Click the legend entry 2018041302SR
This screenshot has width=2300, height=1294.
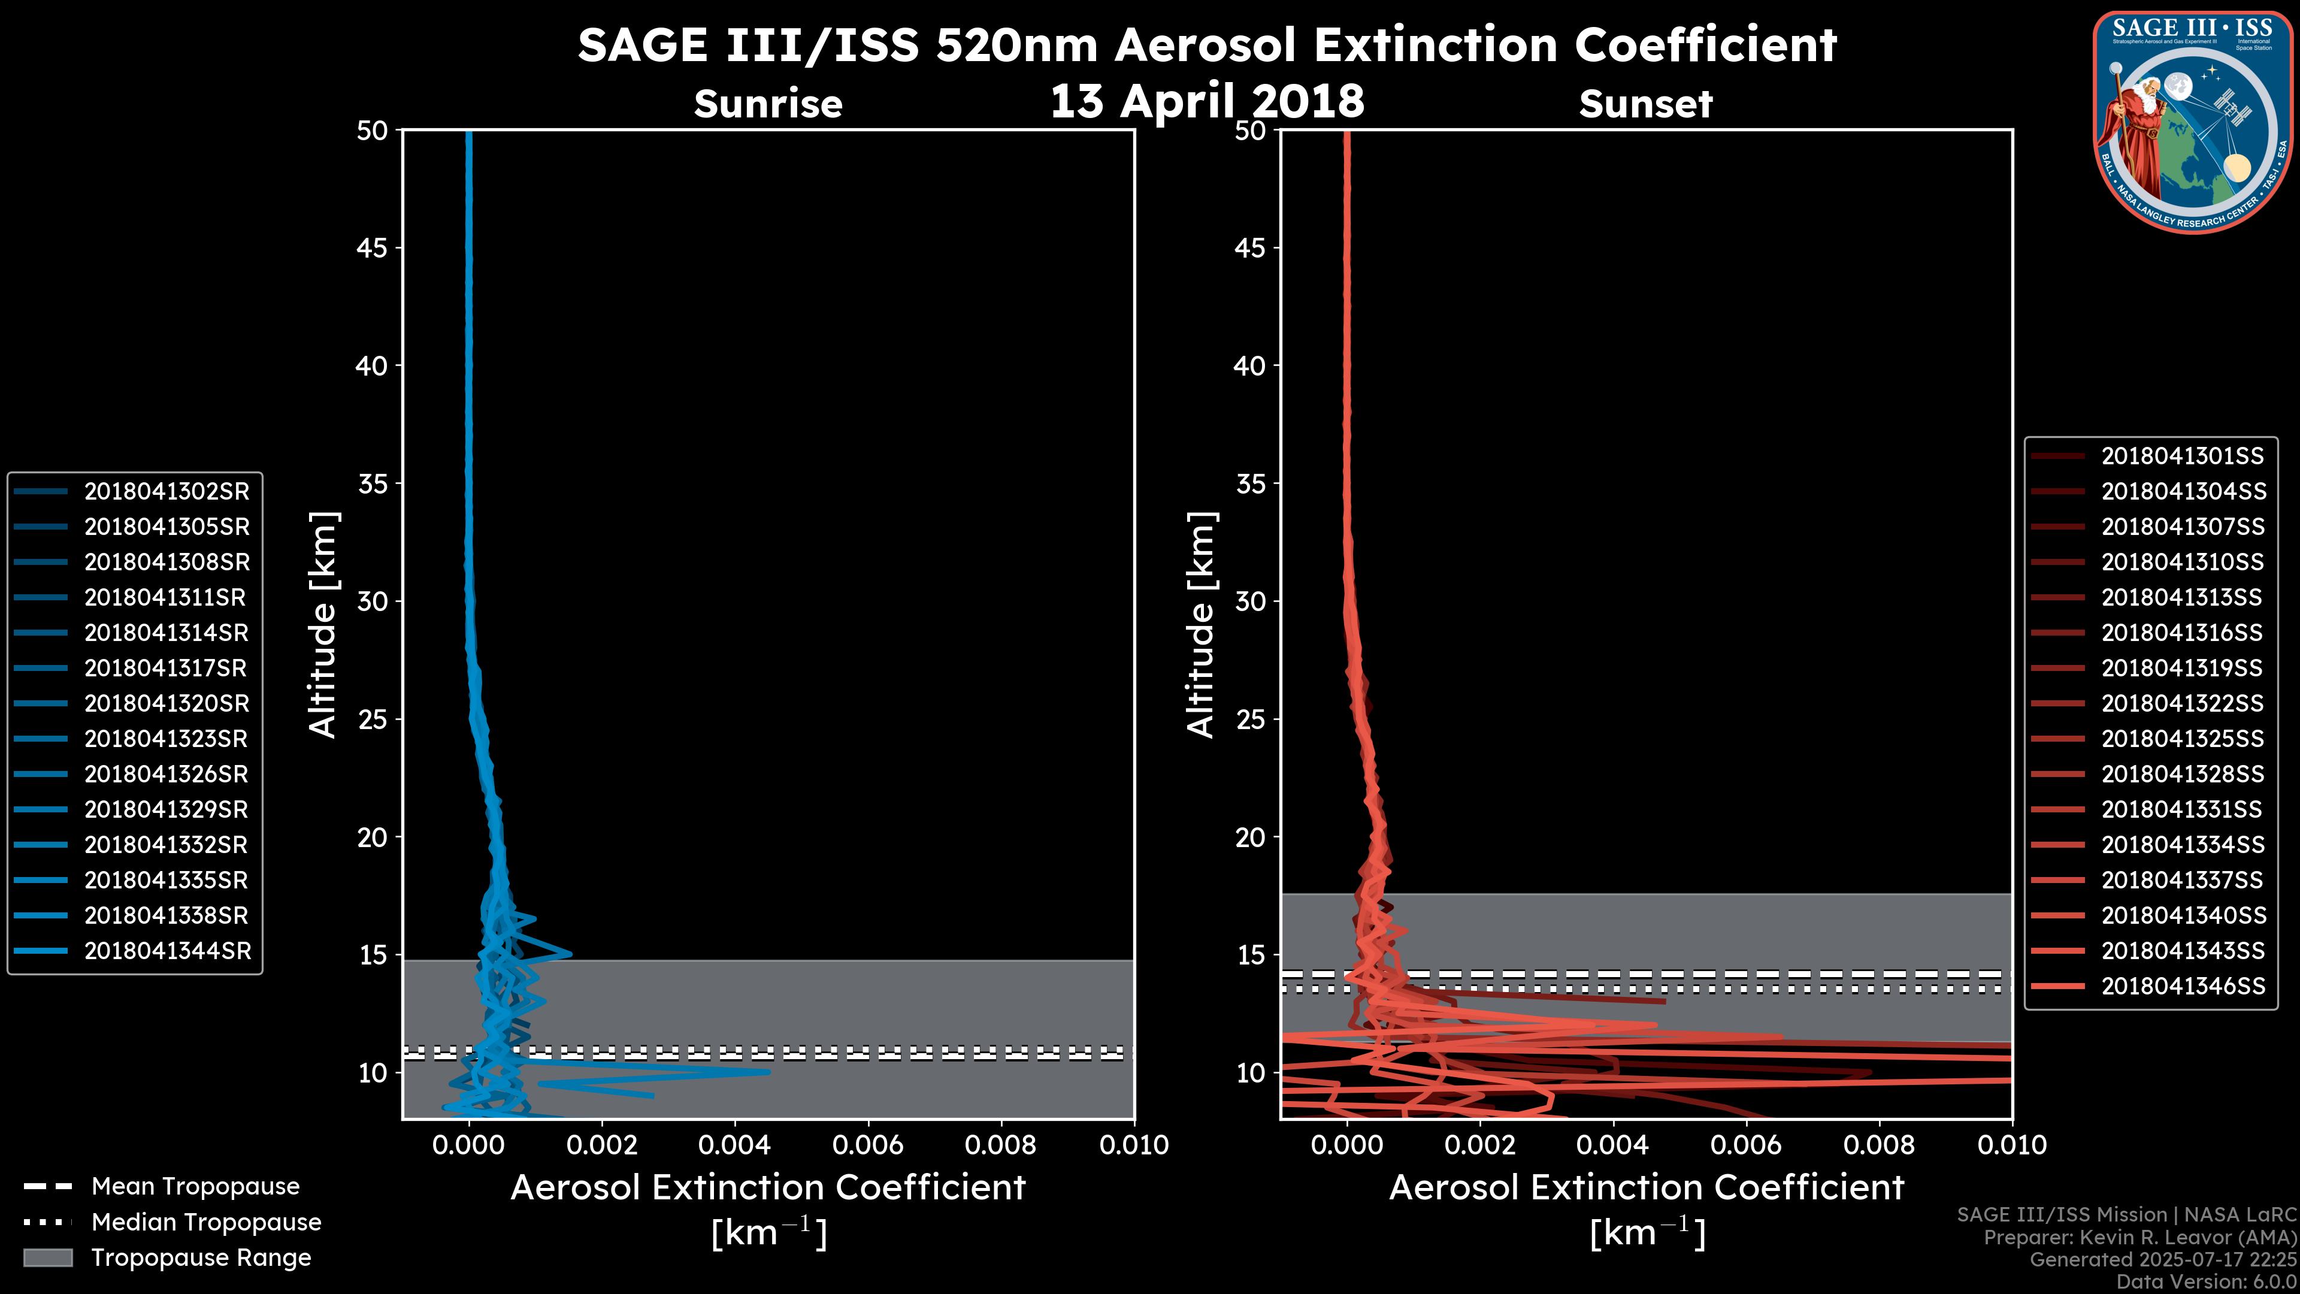[166, 491]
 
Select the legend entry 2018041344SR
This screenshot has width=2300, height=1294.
[166, 951]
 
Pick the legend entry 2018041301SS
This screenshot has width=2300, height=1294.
[2182, 456]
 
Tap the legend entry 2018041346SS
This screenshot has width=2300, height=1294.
[2182, 986]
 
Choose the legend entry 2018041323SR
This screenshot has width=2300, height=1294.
[166, 739]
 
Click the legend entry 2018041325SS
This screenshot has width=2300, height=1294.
[2182, 739]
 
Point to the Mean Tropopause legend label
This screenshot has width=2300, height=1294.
[195, 1186]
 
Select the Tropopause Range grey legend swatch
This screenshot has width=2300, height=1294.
[47, 1257]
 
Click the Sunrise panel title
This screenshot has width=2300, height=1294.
[768, 104]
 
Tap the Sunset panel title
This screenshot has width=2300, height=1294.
[1645, 104]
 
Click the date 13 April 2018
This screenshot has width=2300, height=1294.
[1207, 100]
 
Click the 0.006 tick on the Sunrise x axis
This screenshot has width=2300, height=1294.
[868, 1145]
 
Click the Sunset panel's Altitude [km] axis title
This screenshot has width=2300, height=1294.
[1201, 625]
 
